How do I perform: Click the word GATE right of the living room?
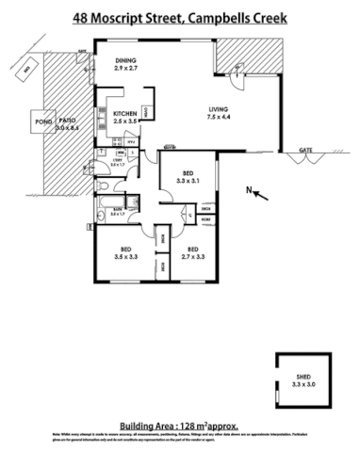304,150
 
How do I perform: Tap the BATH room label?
117,212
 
